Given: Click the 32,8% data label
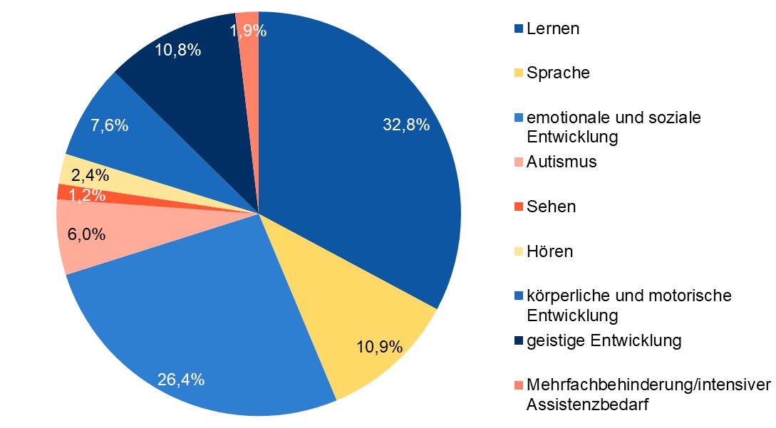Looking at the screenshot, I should (x=406, y=125).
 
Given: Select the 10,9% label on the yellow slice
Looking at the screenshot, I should (x=379, y=348).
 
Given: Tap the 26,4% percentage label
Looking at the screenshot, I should (x=181, y=379).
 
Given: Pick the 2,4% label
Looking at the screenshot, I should (x=90, y=175).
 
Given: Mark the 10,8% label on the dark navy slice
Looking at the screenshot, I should (x=177, y=51).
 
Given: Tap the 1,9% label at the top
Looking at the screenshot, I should (x=248, y=31).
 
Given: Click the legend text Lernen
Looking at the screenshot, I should (x=553, y=29).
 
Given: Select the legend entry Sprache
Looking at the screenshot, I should (x=558, y=73).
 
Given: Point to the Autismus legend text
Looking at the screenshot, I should (x=562, y=162).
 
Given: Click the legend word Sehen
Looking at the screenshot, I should (x=551, y=207).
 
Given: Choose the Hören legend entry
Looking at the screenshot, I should (x=550, y=251).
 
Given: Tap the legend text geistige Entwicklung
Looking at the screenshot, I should (x=604, y=341).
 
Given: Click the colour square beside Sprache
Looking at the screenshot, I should (x=518, y=73).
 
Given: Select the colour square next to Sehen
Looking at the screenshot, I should (x=518, y=207).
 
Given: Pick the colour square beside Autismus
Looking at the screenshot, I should (x=518, y=162).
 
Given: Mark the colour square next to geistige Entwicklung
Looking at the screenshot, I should (x=518, y=341).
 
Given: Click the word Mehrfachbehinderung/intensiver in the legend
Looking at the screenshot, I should (x=648, y=386).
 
